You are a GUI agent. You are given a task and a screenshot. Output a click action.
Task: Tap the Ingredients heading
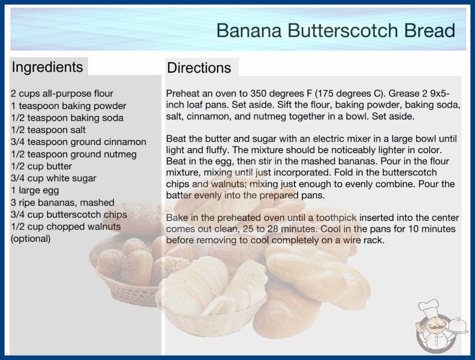(47, 67)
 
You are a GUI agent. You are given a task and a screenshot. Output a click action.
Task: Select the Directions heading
(199, 68)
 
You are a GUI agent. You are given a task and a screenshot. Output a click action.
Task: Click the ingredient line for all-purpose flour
(62, 94)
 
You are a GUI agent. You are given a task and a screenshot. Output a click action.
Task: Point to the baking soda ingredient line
(67, 118)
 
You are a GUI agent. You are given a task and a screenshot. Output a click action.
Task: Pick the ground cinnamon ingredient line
(79, 142)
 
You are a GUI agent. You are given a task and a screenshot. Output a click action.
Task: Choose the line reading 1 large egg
(35, 190)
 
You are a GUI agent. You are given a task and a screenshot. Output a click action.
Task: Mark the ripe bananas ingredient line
(63, 202)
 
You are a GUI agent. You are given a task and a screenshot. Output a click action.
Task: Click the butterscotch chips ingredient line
(69, 215)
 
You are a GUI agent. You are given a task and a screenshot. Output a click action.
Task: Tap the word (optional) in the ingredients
(30, 239)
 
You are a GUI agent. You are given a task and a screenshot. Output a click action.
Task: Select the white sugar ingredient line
(54, 178)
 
